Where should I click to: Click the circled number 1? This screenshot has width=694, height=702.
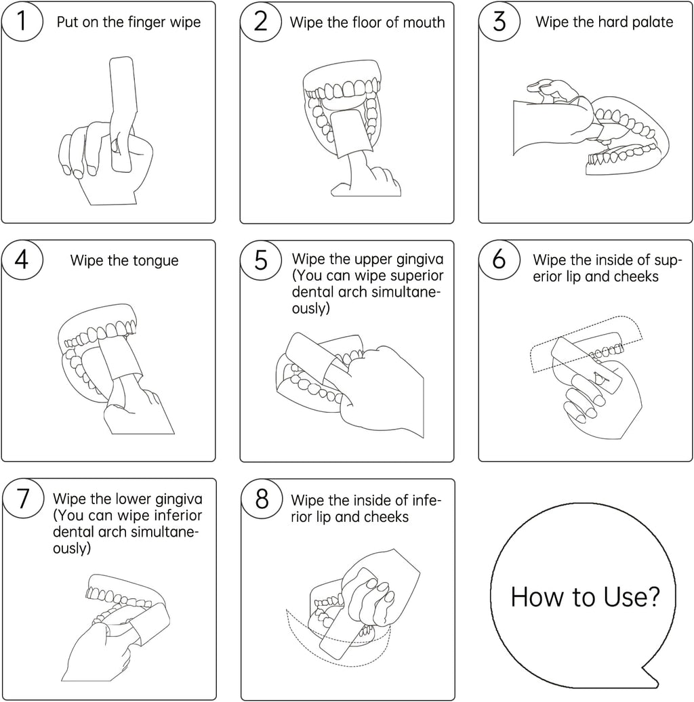pyautogui.click(x=22, y=22)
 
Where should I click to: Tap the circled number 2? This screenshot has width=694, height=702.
pyautogui.click(x=260, y=22)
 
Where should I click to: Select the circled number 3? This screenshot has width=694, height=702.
pyautogui.click(x=499, y=22)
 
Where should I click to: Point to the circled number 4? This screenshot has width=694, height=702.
pyautogui.click(x=22, y=260)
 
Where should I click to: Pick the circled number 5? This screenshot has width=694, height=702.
pyautogui.click(x=260, y=260)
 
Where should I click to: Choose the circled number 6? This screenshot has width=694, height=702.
pyautogui.click(x=499, y=260)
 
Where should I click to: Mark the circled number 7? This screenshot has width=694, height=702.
pyautogui.click(x=23, y=499)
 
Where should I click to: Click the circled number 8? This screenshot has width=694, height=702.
pyautogui.click(x=262, y=499)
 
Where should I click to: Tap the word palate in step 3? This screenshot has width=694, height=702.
pyautogui.click(x=649, y=22)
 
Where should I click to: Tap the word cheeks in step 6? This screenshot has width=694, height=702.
pyautogui.click(x=636, y=276)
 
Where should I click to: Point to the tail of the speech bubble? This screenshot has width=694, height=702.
pyautogui.click(x=651, y=676)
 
